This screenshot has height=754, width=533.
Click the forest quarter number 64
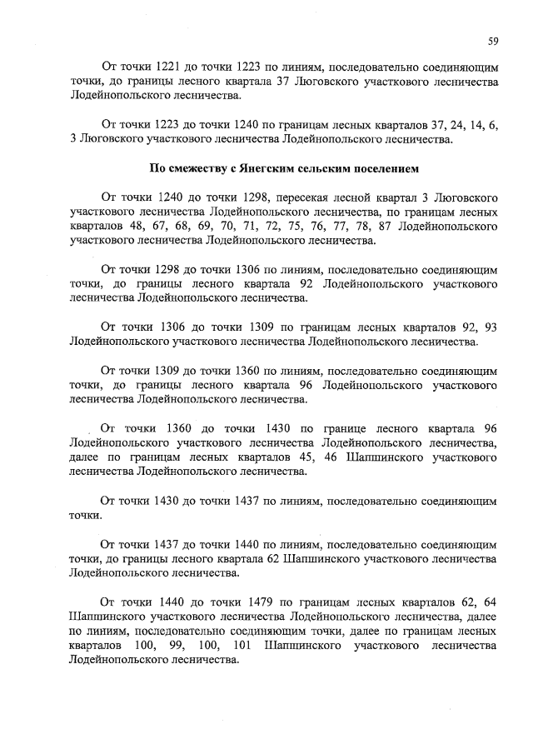(x=491, y=598)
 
